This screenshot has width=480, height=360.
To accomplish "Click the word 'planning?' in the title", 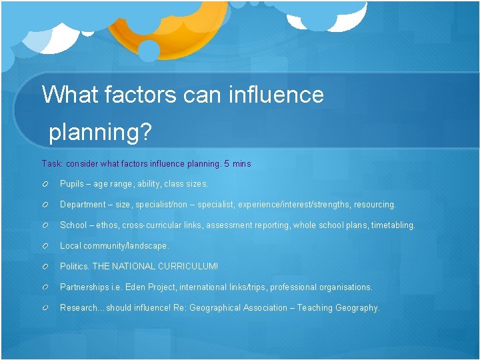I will click(x=101, y=132).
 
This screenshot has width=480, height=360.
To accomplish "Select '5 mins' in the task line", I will click(x=238, y=163).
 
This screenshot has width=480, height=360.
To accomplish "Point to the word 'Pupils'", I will click(x=72, y=183).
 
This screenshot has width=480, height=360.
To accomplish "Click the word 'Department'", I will click(x=83, y=205).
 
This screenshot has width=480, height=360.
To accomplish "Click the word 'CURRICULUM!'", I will click(x=188, y=266).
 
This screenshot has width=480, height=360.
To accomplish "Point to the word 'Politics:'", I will click(x=75, y=266).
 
